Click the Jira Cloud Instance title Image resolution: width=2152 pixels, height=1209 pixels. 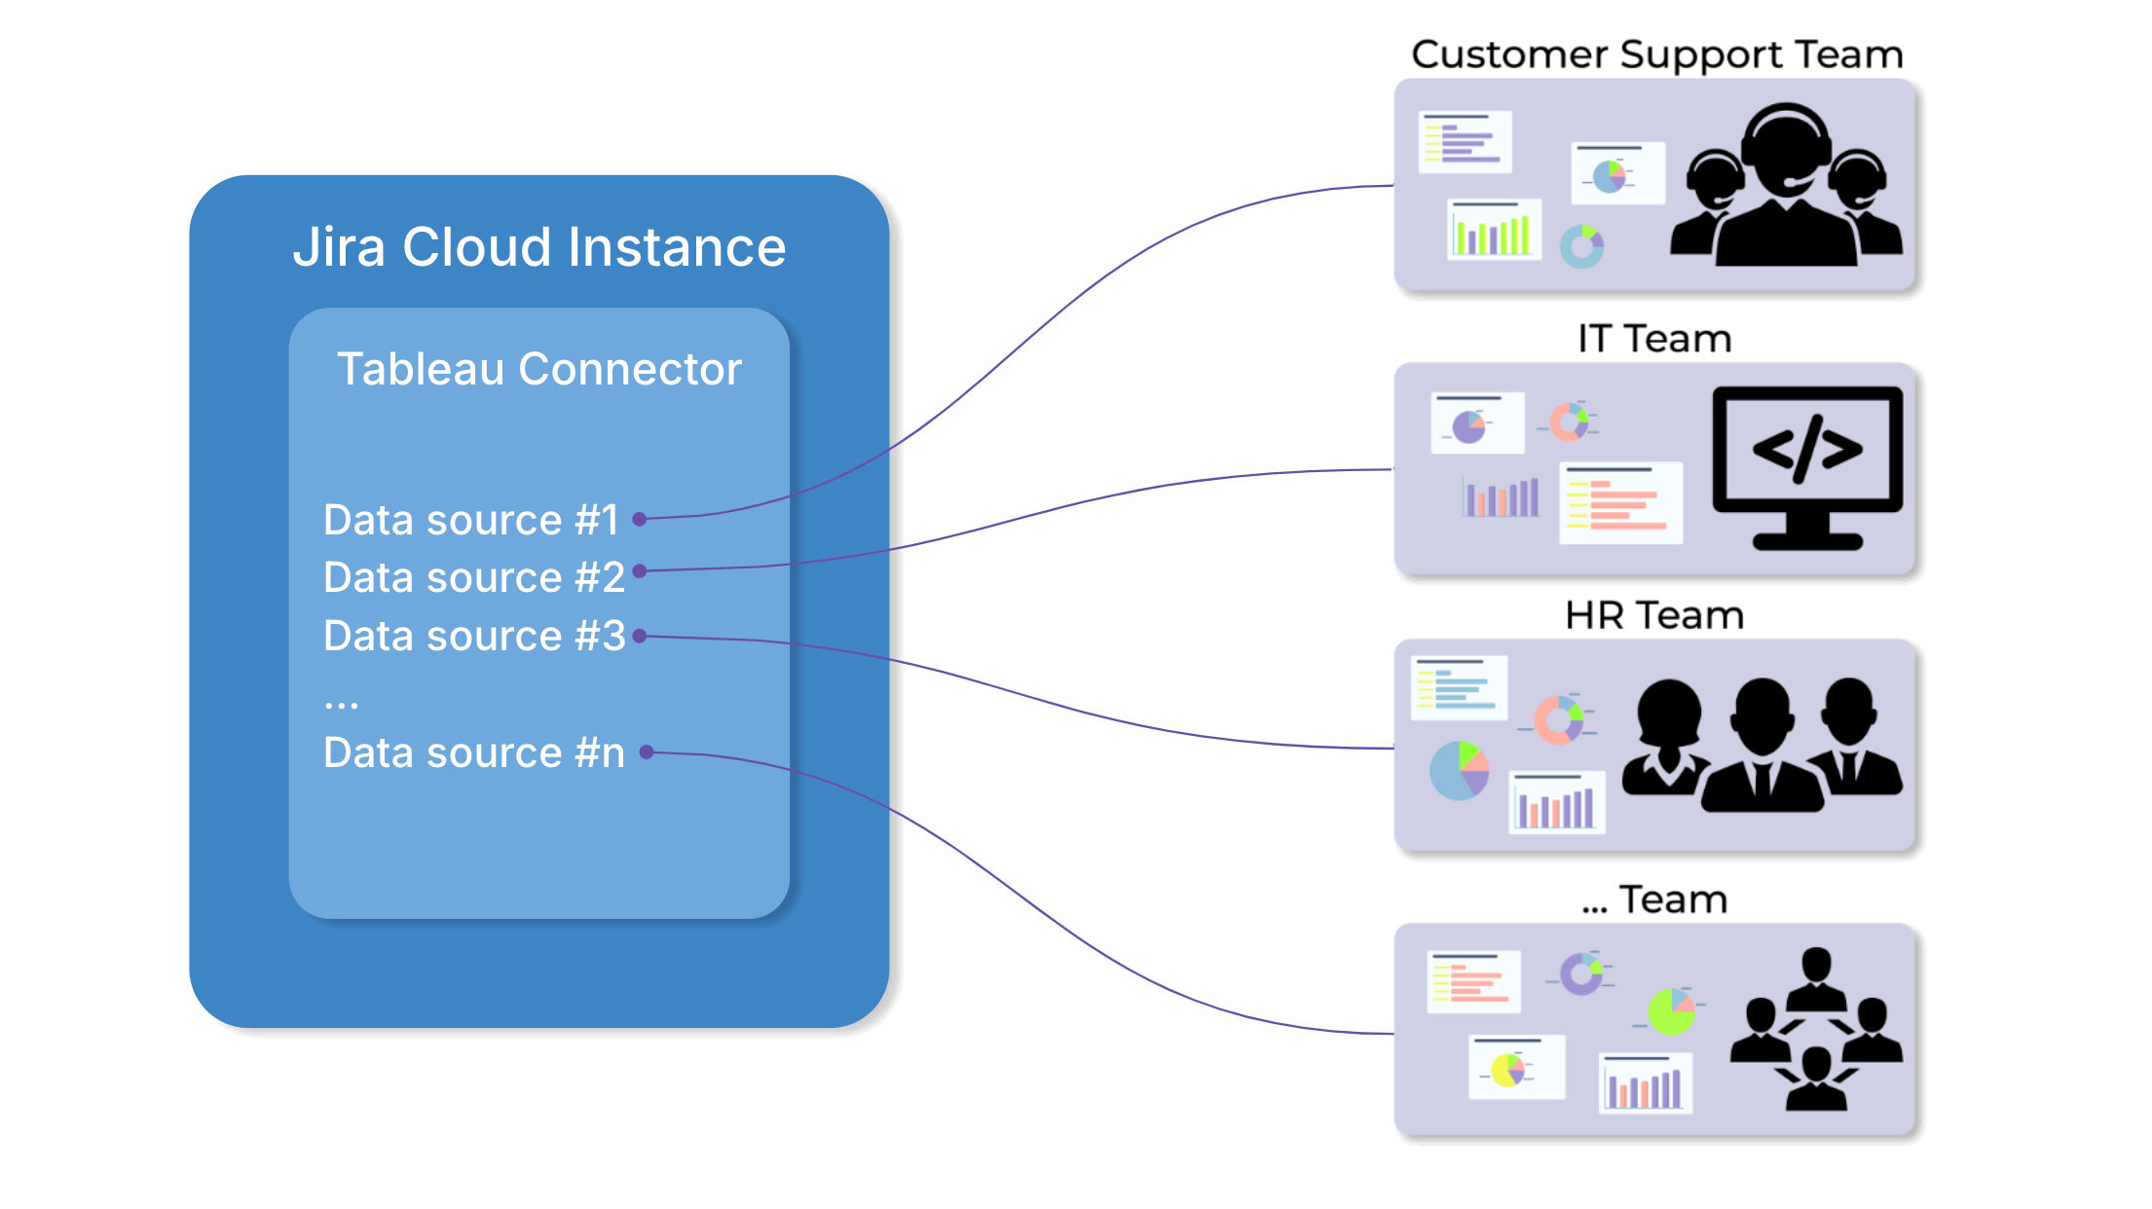coord(538,247)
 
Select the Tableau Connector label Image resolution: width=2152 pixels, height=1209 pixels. coord(538,369)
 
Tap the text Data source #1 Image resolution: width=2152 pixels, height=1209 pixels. coord(471,520)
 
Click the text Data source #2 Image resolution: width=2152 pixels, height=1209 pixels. coord(473,577)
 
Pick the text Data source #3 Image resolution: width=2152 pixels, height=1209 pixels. coord(473,636)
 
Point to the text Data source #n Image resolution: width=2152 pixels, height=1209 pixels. coord(473,752)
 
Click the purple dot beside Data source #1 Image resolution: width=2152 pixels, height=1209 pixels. coord(640,519)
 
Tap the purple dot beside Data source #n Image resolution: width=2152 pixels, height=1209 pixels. coord(647,751)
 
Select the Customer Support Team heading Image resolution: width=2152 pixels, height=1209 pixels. coord(1656,55)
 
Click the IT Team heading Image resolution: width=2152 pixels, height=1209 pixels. coord(1654,339)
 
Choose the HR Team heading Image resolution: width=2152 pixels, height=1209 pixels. coord(1654,615)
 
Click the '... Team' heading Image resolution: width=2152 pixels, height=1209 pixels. coord(1654,899)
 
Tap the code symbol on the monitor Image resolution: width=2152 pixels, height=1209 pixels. coord(1807,449)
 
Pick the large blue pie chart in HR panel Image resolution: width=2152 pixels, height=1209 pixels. coord(1459,771)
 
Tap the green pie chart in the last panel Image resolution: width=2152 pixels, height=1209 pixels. coord(1672,1012)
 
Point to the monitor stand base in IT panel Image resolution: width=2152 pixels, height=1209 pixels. coord(1807,541)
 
